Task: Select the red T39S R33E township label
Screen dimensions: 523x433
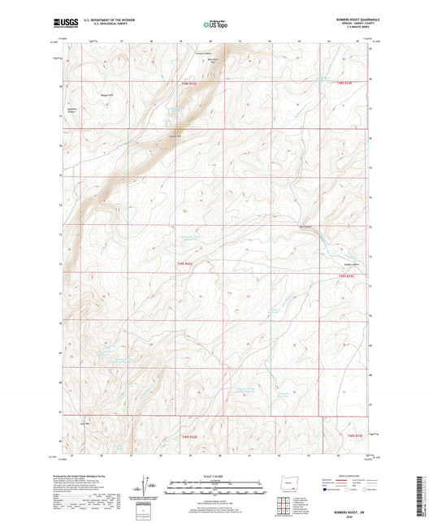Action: point(346,278)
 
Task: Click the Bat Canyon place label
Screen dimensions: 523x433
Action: point(305,227)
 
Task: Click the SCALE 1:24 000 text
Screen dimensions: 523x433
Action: point(215,474)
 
